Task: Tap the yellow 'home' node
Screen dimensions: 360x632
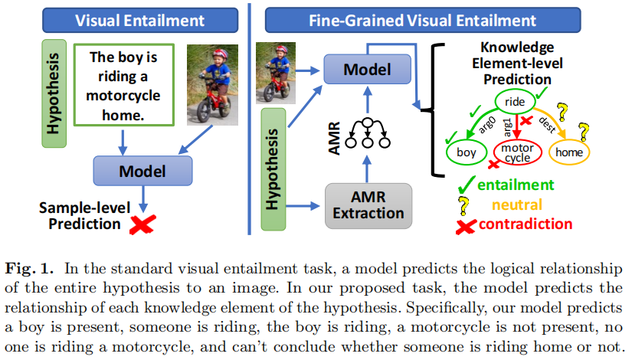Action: click(569, 152)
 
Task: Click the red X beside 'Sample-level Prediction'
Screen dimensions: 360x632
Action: click(142, 224)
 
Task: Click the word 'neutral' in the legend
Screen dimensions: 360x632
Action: click(518, 205)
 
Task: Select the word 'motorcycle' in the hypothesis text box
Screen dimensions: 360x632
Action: click(123, 97)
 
